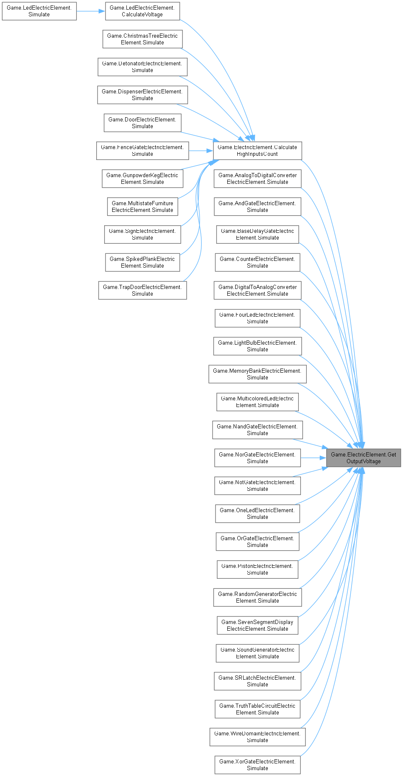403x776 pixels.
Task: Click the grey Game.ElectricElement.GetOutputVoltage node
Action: (x=363, y=458)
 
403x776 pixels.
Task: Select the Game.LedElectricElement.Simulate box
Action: (x=39, y=11)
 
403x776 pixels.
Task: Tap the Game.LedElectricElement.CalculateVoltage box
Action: (x=142, y=11)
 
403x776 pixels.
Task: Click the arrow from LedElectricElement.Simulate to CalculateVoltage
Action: (x=90, y=11)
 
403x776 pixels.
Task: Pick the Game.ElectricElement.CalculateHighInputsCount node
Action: (x=257, y=151)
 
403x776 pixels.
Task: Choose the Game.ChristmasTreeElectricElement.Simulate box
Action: (x=142, y=39)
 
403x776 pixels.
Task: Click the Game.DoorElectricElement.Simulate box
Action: (x=142, y=123)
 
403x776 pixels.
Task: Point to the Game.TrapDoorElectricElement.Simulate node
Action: (x=142, y=291)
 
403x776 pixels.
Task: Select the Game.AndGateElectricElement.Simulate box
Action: (x=257, y=207)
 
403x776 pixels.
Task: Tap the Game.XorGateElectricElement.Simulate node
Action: (x=257, y=765)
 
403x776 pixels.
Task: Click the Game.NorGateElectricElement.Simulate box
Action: (x=257, y=458)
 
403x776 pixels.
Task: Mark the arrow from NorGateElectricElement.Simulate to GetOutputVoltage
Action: (x=313, y=458)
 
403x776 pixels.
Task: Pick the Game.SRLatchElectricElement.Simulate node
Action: (x=257, y=681)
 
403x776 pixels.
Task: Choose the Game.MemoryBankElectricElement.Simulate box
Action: (x=257, y=374)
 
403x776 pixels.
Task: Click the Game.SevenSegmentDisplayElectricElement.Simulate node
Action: (x=257, y=626)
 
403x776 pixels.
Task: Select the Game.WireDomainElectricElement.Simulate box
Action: (x=257, y=737)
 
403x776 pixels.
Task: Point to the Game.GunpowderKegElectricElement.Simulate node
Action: (x=142, y=179)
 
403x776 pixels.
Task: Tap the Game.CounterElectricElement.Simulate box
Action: (x=257, y=263)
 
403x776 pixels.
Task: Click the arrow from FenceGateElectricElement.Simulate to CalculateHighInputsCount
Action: (x=201, y=151)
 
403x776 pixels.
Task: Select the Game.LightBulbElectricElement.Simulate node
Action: (x=257, y=346)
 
